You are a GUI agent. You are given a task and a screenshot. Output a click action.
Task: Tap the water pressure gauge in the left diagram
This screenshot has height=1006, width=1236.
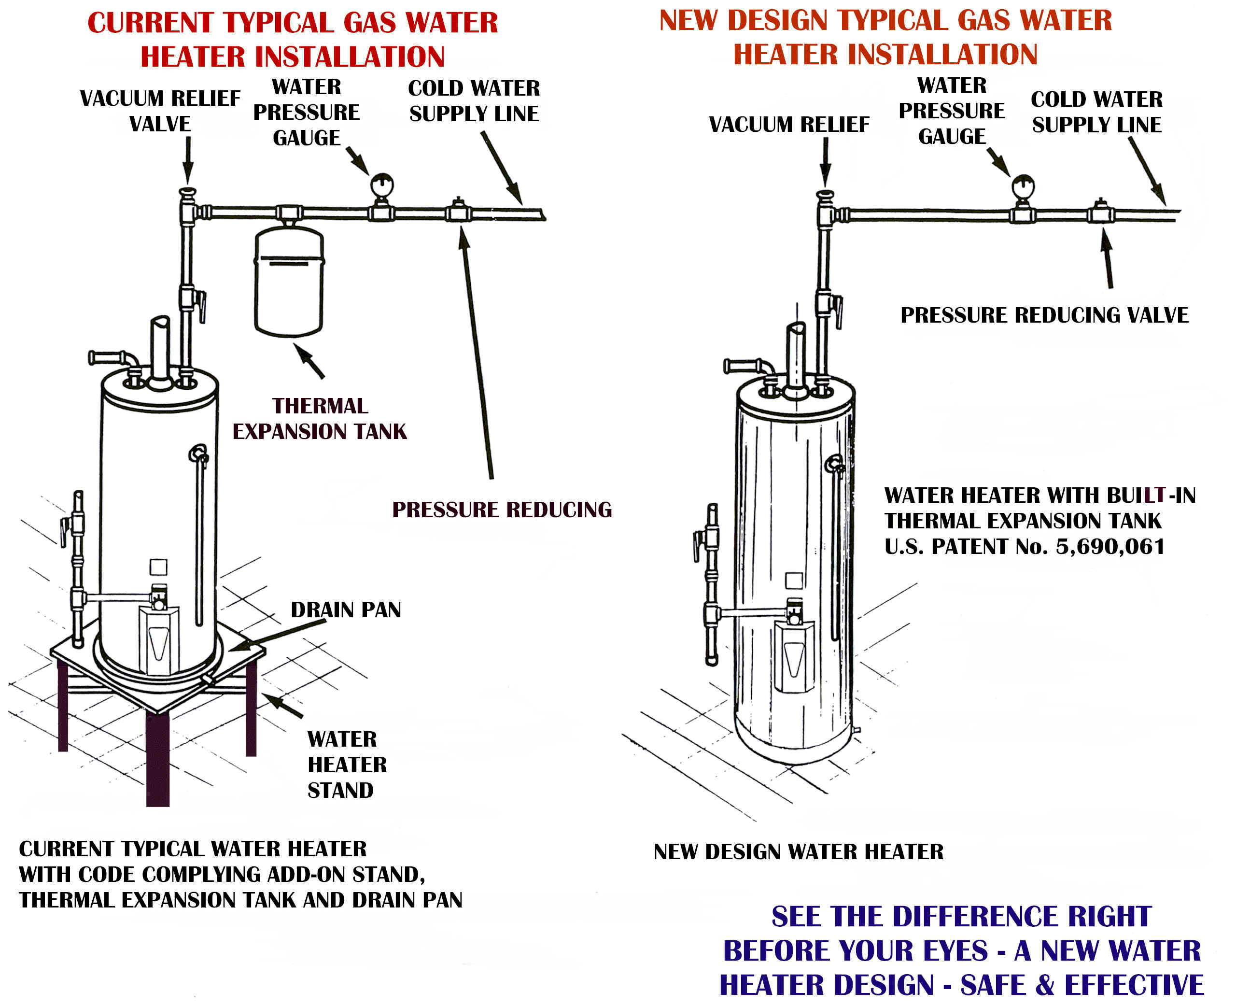(x=382, y=185)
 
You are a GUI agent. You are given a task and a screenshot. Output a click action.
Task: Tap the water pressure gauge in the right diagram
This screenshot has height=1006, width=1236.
(x=1023, y=186)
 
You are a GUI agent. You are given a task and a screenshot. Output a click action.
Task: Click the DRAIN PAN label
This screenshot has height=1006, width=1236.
(x=346, y=610)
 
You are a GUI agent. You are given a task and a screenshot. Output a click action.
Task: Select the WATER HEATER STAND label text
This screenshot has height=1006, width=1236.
(x=346, y=765)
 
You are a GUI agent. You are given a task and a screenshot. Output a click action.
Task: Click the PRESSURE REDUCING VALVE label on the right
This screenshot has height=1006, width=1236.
(x=1044, y=315)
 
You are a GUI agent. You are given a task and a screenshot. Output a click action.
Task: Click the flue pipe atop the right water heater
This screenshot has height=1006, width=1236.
(x=796, y=354)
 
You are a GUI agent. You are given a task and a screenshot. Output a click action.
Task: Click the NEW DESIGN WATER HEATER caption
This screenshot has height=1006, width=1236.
(x=798, y=852)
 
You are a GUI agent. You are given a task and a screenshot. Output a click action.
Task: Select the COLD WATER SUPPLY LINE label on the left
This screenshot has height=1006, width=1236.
(x=474, y=101)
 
